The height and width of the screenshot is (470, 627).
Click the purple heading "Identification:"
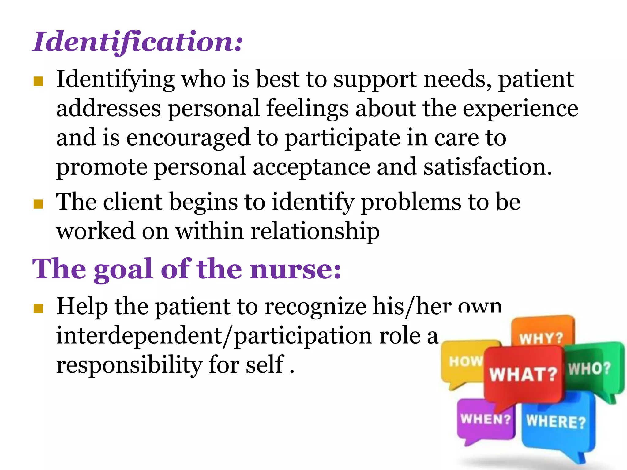[x=137, y=42]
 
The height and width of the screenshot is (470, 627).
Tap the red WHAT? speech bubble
[x=524, y=375]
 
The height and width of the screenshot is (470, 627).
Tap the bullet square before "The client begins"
[x=38, y=204]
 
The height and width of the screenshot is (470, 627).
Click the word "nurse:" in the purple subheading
[x=295, y=269]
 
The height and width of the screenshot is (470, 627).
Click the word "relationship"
[x=315, y=231]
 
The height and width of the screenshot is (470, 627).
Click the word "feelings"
[x=307, y=109]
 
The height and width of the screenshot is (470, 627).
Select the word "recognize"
[x=315, y=306]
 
